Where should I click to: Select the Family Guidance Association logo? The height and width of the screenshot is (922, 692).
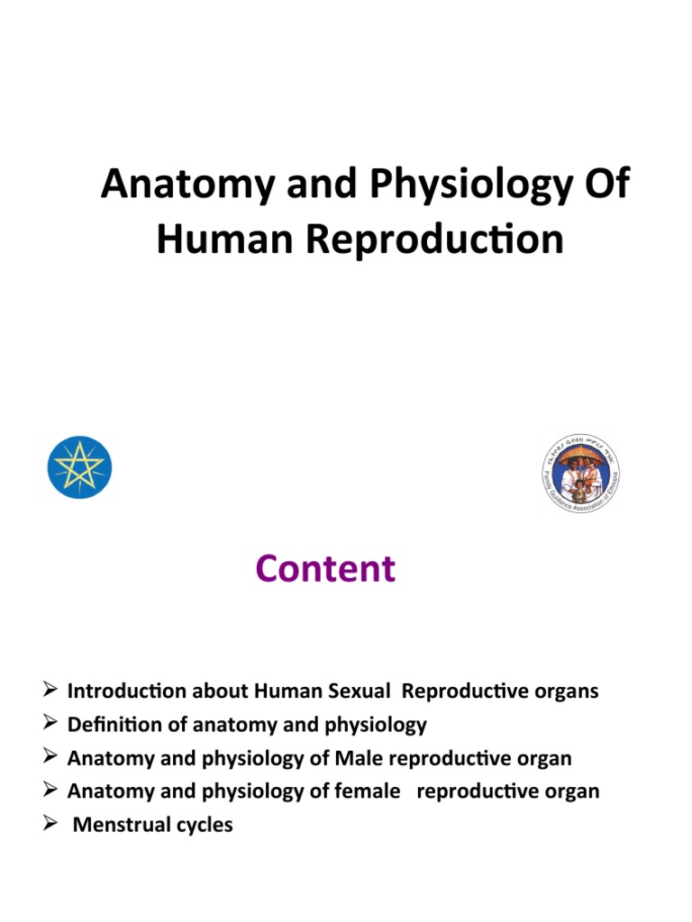[x=581, y=473]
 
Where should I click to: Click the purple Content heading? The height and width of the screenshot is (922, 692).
[x=324, y=569]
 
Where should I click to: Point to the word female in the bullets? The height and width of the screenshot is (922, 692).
[x=367, y=791]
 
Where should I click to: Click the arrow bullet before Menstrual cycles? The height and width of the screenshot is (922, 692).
[x=51, y=824]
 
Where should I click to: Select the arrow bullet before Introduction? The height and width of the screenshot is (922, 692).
[x=51, y=691]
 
